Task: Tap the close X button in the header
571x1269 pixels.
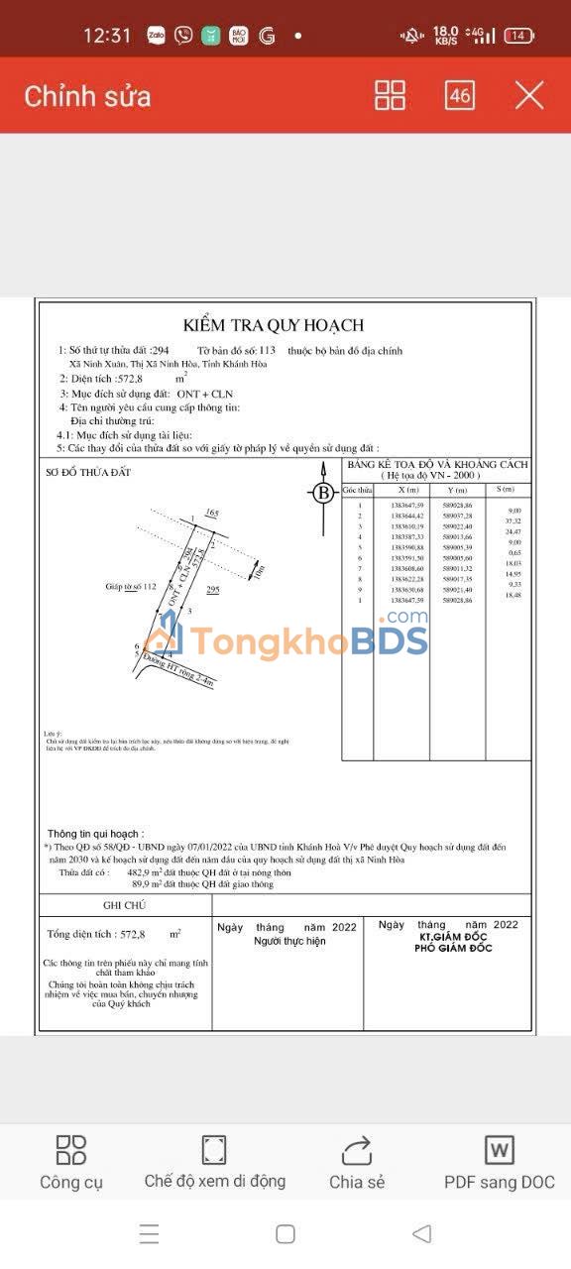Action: [529, 95]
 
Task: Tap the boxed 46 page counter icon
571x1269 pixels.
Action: [460, 95]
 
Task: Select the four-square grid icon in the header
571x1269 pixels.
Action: [391, 95]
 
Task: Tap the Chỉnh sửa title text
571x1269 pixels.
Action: [87, 96]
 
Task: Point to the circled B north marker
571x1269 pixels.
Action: [322, 492]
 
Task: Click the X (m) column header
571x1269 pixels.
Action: [407, 490]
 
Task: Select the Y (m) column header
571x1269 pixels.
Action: [458, 490]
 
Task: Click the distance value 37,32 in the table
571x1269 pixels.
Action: [513, 520]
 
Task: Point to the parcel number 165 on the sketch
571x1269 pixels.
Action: [211, 513]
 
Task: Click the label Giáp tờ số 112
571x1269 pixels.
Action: [132, 587]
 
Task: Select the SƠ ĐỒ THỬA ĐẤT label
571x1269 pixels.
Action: [88, 472]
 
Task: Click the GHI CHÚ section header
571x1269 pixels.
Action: [124, 905]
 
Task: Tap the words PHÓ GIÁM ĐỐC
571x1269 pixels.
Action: [452, 949]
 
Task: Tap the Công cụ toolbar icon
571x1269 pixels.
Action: [71, 1150]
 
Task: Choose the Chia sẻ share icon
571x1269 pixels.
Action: [356, 1150]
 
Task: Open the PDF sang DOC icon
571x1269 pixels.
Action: [499, 1150]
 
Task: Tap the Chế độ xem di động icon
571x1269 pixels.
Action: [214, 1150]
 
